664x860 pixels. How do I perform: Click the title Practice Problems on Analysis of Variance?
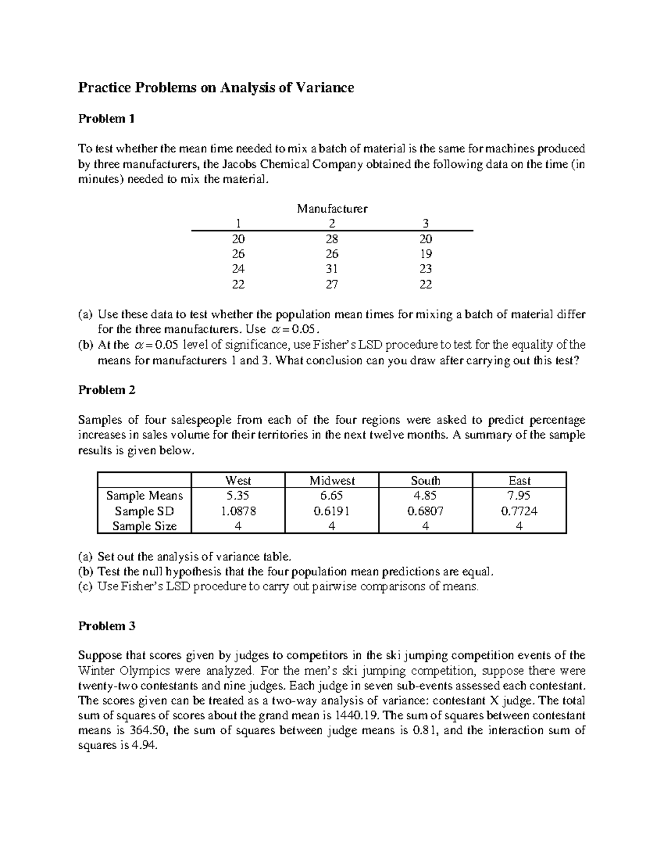[216, 87]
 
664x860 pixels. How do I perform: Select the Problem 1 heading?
[106, 119]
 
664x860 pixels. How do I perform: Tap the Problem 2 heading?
[106, 390]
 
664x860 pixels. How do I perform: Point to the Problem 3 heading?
[106, 626]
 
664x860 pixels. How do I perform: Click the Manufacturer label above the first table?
[332, 209]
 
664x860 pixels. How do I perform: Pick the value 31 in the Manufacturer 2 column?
[332, 269]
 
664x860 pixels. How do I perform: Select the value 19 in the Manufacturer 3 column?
[426, 254]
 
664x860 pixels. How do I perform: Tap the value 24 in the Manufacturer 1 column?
[238, 269]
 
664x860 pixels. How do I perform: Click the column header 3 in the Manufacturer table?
[426, 224]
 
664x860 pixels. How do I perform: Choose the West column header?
[238, 481]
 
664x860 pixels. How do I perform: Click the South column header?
[426, 481]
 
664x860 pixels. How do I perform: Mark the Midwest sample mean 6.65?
[332, 496]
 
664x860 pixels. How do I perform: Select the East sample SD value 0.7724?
[519, 511]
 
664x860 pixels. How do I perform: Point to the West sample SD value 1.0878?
[238, 511]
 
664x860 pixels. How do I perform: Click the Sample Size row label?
[144, 526]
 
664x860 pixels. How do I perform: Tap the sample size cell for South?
[426, 526]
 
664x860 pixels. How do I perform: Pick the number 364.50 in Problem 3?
[148, 730]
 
